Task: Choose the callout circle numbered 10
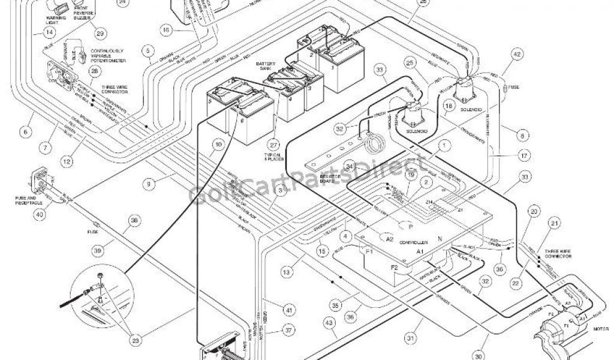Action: tap(218, 145)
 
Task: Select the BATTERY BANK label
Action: tap(267, 65)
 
